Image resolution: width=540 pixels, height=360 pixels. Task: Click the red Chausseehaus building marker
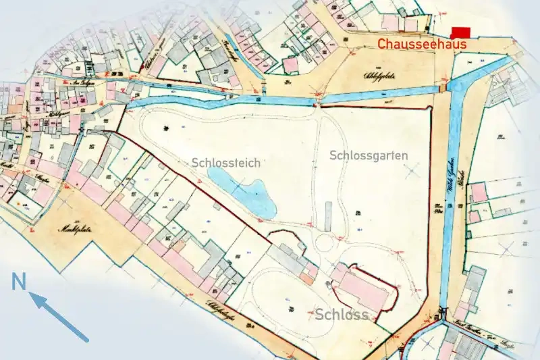(x=460, y=32)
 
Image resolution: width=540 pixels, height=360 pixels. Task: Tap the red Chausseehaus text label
(x=422, y=45)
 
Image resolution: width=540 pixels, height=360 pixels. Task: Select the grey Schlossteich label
(x=225, y=163)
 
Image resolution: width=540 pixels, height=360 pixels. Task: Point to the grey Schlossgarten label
(x=369, y=155)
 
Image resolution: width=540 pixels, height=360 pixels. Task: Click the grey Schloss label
(x=342, y=315)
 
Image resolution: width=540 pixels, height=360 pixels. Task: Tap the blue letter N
(x=19, y=281)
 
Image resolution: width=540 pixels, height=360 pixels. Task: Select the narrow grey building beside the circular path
(x=328, y=215)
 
